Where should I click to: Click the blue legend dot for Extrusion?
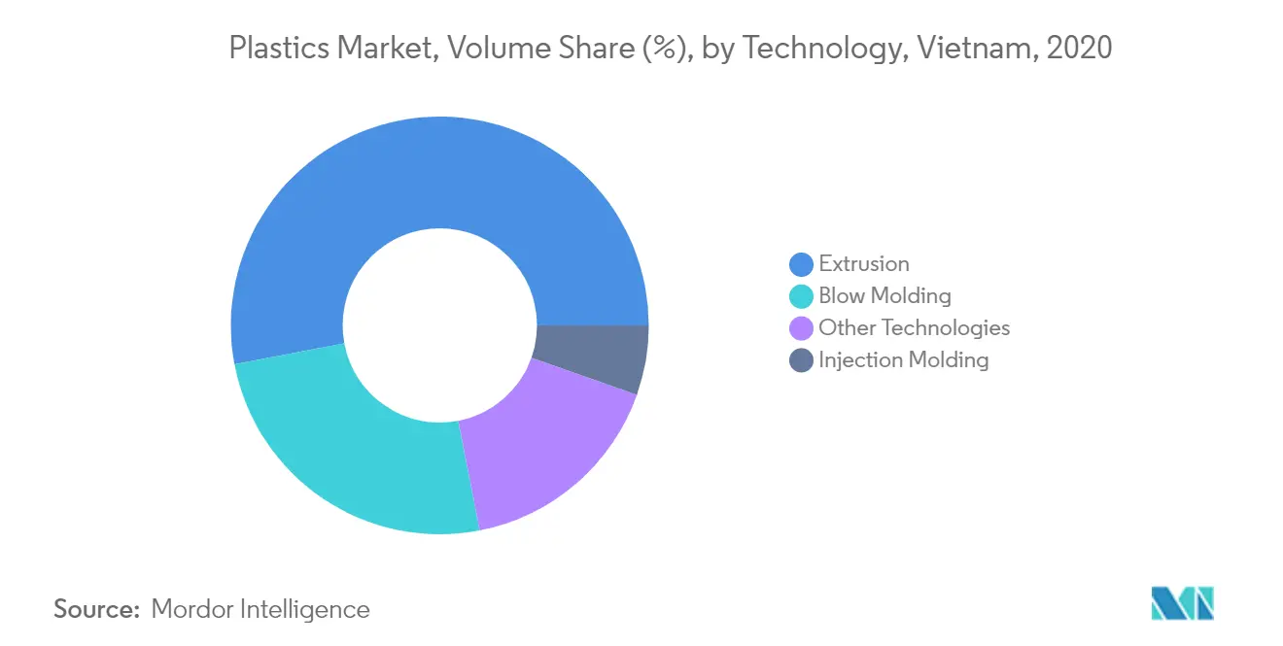click(801, 264)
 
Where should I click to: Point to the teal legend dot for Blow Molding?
click(801, 296)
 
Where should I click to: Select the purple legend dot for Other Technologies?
click(801, 328)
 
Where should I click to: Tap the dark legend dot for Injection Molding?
click(801, 360)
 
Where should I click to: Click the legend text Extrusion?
click(864, 264)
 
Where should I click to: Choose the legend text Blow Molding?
click(884, 296)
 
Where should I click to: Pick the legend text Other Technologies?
click(914, 328)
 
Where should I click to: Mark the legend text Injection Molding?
click(904, 360)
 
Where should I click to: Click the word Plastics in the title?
click(279, 47)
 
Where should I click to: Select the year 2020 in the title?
click(1079, 47)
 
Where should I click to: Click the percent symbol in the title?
click(665, 47)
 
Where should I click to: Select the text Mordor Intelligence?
click(260, 610)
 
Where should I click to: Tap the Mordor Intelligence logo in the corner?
click(1183, 603)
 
